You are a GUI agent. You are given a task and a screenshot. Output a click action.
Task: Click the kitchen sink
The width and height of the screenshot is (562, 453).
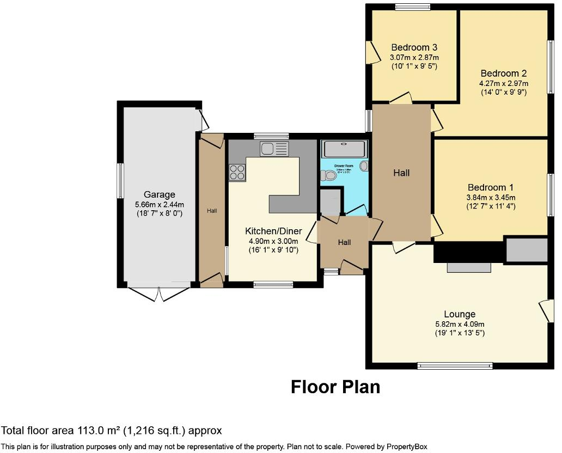pos(274,149)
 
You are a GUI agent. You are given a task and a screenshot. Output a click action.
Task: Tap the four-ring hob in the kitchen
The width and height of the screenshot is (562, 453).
pos(237,173)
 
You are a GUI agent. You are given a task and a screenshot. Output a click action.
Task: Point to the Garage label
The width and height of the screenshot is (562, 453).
pos(159,194)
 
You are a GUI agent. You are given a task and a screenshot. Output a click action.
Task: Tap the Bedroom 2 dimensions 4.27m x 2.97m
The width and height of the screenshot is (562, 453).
pos(503,83)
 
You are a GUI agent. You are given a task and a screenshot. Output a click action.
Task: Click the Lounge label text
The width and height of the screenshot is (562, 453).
pos(459,314)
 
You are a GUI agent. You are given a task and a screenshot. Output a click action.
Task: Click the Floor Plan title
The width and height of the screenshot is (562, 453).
pos(335,387)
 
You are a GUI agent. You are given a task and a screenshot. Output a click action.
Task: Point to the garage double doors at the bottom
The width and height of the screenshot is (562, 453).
pos(159,292)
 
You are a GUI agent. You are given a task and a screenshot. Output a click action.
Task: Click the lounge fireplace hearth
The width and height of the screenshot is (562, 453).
pos(468,267)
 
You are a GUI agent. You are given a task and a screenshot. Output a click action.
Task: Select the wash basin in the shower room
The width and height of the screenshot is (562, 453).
pos(364,166)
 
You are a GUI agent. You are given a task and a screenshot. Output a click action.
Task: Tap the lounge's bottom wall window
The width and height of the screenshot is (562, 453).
pos(455,366)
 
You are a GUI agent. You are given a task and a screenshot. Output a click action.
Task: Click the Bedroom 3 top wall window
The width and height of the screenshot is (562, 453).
pos(412,7)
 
